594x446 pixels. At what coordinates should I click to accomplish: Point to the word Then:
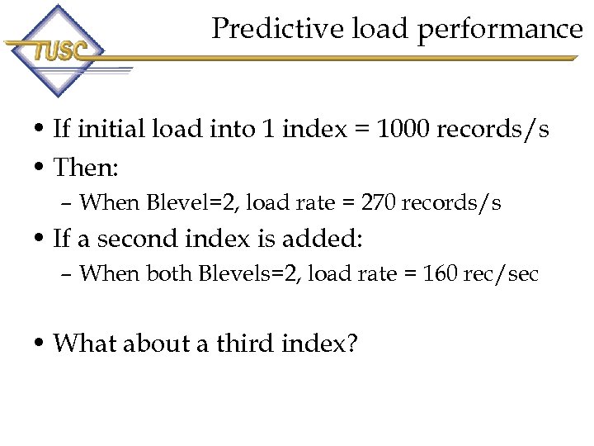(86, 168)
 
